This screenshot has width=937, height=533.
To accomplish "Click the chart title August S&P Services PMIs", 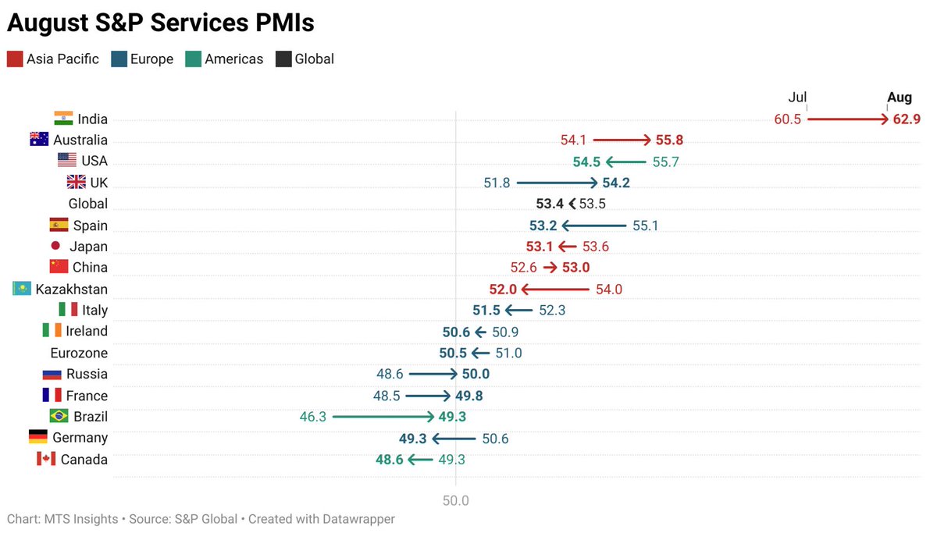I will (161, 23).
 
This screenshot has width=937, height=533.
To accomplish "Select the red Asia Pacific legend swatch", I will (15, 59).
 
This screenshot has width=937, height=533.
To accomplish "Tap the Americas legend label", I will (233, 59).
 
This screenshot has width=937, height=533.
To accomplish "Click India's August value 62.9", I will (907, 119).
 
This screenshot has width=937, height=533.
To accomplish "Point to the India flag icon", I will (63, 119).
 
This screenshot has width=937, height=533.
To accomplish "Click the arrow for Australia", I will (622, 140).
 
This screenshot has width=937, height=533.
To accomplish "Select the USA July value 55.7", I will (665, 162).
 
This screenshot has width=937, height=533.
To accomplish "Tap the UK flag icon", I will (77, 183).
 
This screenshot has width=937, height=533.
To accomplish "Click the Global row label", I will (88, 204).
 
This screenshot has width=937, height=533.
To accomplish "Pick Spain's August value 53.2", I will (543, 226).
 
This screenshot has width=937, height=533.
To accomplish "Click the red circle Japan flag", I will (55, 246).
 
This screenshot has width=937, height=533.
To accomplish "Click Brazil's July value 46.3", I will (312, 417).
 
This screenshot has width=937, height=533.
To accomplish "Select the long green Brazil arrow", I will (383, 417).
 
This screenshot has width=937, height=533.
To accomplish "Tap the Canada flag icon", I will (46, 459).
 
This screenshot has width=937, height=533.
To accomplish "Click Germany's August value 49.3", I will (412, 439).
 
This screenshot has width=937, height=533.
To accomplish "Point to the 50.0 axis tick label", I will (455, 500).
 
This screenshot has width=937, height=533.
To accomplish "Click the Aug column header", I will (900, 98).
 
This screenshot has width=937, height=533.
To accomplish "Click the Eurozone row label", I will (79, 353).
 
